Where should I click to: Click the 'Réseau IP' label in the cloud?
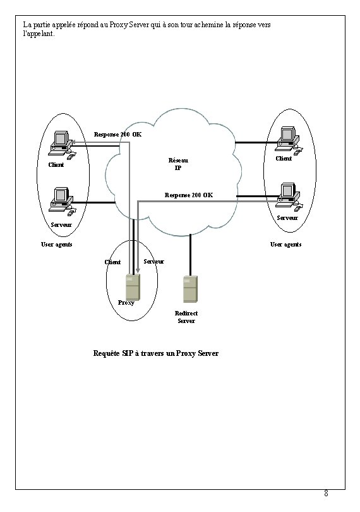(x=177, y=164)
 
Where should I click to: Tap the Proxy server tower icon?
(x=132, y=288)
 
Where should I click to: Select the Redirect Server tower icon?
(x=189, y=290)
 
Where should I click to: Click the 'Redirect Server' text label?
(x=186, y=317)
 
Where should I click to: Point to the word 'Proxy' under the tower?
(x=126, y=303)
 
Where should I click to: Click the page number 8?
(x=326, y=493)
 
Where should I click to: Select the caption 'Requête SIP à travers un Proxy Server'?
(x=155, y=353)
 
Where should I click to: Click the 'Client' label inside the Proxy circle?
(x=112, y=262)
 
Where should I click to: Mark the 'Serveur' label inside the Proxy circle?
(x=154, y=261)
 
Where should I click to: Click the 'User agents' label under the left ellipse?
(x=57, y=244)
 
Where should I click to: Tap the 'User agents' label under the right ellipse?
(x=285, y=244)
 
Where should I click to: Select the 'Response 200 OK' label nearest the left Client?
(x=117, y=134)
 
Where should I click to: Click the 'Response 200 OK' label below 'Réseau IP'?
(x=188, y=195)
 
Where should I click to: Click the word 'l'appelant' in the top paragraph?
(x=38, y=34)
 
